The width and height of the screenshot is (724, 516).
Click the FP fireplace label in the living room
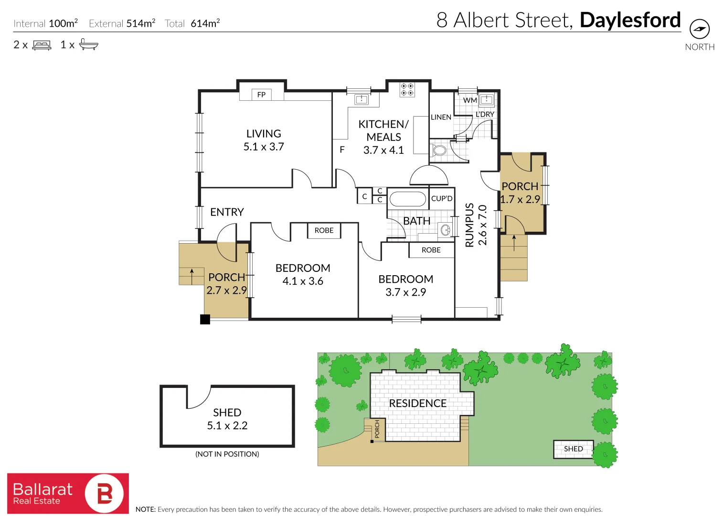coord(261,95)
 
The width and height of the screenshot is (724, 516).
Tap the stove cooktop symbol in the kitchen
coord(407,89)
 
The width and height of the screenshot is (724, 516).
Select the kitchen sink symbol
coord(362,99)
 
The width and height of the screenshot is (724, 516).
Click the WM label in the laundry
coord(470,100)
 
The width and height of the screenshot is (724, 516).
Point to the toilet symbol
coord(438,150)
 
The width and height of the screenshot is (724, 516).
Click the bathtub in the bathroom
coord(407,199)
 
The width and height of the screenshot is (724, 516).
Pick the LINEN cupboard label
coord(441,117)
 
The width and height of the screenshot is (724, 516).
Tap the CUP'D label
coord(442,198)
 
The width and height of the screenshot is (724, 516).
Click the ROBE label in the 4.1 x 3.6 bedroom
coord(324,230)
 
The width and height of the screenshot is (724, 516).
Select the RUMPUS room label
coord(469,225)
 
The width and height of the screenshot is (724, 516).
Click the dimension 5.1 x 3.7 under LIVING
coord(264,147)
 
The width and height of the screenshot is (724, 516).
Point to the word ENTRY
coord(227,212)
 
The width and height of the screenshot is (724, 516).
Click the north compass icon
coord(700,29)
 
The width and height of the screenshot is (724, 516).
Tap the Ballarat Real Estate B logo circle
coord(104,494)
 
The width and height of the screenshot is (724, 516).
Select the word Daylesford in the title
coord(630,20)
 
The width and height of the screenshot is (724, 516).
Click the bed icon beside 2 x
coord(42,45)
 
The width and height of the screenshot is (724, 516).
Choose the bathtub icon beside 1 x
coord(88,45)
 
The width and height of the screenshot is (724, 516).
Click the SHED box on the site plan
coord(573,449)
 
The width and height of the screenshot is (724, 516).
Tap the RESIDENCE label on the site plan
coord(417,403)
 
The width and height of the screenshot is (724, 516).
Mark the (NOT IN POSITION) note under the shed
coord(227,454)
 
